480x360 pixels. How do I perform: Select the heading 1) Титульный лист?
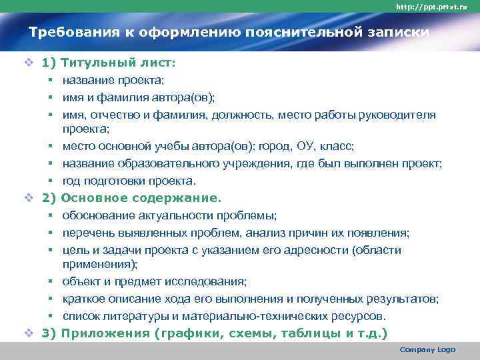point(109,63)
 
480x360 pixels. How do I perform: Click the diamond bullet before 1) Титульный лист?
point(28,63)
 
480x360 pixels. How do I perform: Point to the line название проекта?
point(112,81)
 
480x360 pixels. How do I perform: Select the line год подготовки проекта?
point(129,181)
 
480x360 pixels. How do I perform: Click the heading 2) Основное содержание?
point(131,198)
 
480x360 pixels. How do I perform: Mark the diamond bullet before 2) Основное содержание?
point(28,198)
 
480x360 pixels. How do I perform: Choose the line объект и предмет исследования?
point(155,282)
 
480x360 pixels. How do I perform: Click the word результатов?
point(404,299)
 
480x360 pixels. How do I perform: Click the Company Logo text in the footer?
point(427,350)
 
